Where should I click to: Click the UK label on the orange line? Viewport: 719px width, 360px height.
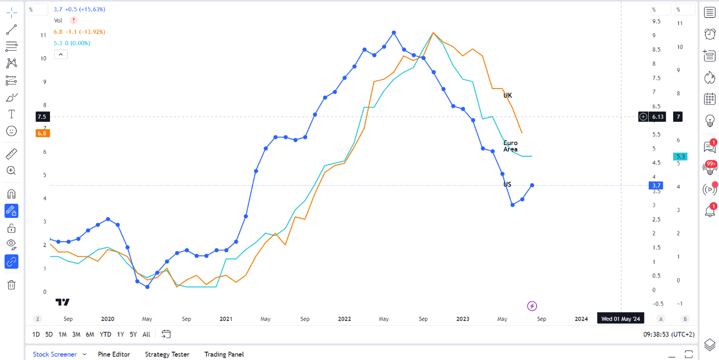click(x=508, y=95)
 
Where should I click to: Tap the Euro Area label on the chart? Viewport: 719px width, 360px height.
click(x=510, y=146)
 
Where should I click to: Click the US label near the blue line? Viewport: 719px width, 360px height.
click(x=507, y=184)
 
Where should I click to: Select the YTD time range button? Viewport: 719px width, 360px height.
click(x=105, y=334)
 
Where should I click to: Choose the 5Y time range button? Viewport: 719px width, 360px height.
click(x=133, y=334)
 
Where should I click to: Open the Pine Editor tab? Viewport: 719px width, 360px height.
click(x=113, y=354)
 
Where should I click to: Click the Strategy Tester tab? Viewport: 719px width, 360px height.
click(x=167, y=354)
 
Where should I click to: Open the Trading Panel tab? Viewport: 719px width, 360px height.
click(x=224, y=354)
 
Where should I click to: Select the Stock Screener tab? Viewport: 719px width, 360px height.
click(x=55, y=354)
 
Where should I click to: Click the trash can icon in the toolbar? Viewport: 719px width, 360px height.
click(x=11, y=284)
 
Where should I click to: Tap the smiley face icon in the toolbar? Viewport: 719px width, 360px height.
click(x=11, y=131)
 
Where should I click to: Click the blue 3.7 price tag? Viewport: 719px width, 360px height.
click(x=656, y=185)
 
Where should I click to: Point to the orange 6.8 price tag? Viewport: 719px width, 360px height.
click(x=42, y=133)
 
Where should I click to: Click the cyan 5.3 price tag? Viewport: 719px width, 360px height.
click(x=680, y=156)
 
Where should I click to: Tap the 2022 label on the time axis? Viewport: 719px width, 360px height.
click(x=344, y=319)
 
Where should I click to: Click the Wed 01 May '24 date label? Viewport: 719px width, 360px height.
click(x=620, y=319)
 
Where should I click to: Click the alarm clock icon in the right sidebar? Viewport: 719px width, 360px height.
click(x=710, y=34)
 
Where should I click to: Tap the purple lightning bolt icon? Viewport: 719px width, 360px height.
click(x=532, y=306)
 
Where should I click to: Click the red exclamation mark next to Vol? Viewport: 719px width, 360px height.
click(x=73, y=20)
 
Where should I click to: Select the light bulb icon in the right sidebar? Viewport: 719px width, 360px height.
click(x=710, y=121)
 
